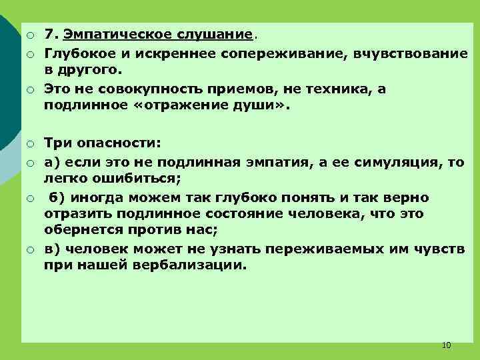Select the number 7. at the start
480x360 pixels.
click(x=51, y=33)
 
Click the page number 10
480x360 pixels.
click(x=446, y=345)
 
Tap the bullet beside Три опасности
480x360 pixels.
click(x=31, y=143)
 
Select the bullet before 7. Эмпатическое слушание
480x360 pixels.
click(x=31, y=34)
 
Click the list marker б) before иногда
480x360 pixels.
click(x=57, y=198)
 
